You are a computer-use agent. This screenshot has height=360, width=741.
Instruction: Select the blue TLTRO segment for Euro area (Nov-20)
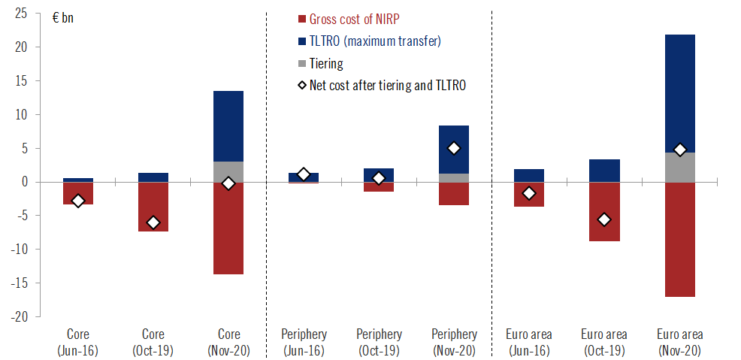(679, 94)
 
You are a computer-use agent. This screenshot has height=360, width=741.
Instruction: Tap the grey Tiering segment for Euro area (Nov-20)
(679, 168)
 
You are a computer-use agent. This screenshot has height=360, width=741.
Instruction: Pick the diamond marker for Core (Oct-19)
(153, 222)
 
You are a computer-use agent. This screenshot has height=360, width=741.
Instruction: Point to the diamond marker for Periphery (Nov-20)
(454, 148)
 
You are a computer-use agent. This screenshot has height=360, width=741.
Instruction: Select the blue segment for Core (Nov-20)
(228, 126)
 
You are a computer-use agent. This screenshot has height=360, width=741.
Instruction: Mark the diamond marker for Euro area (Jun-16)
(529, 193)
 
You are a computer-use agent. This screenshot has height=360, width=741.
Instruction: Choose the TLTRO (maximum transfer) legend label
(375, 41)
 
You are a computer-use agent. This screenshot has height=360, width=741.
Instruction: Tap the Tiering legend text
(326, 63)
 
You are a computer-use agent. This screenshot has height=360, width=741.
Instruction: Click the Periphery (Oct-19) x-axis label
(379, 342)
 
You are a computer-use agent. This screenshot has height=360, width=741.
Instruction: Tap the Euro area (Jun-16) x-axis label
(529, 342)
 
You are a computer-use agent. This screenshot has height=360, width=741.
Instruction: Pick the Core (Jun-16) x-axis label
(78, 342)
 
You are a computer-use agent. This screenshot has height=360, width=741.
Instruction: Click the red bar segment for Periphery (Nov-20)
(454, 194)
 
